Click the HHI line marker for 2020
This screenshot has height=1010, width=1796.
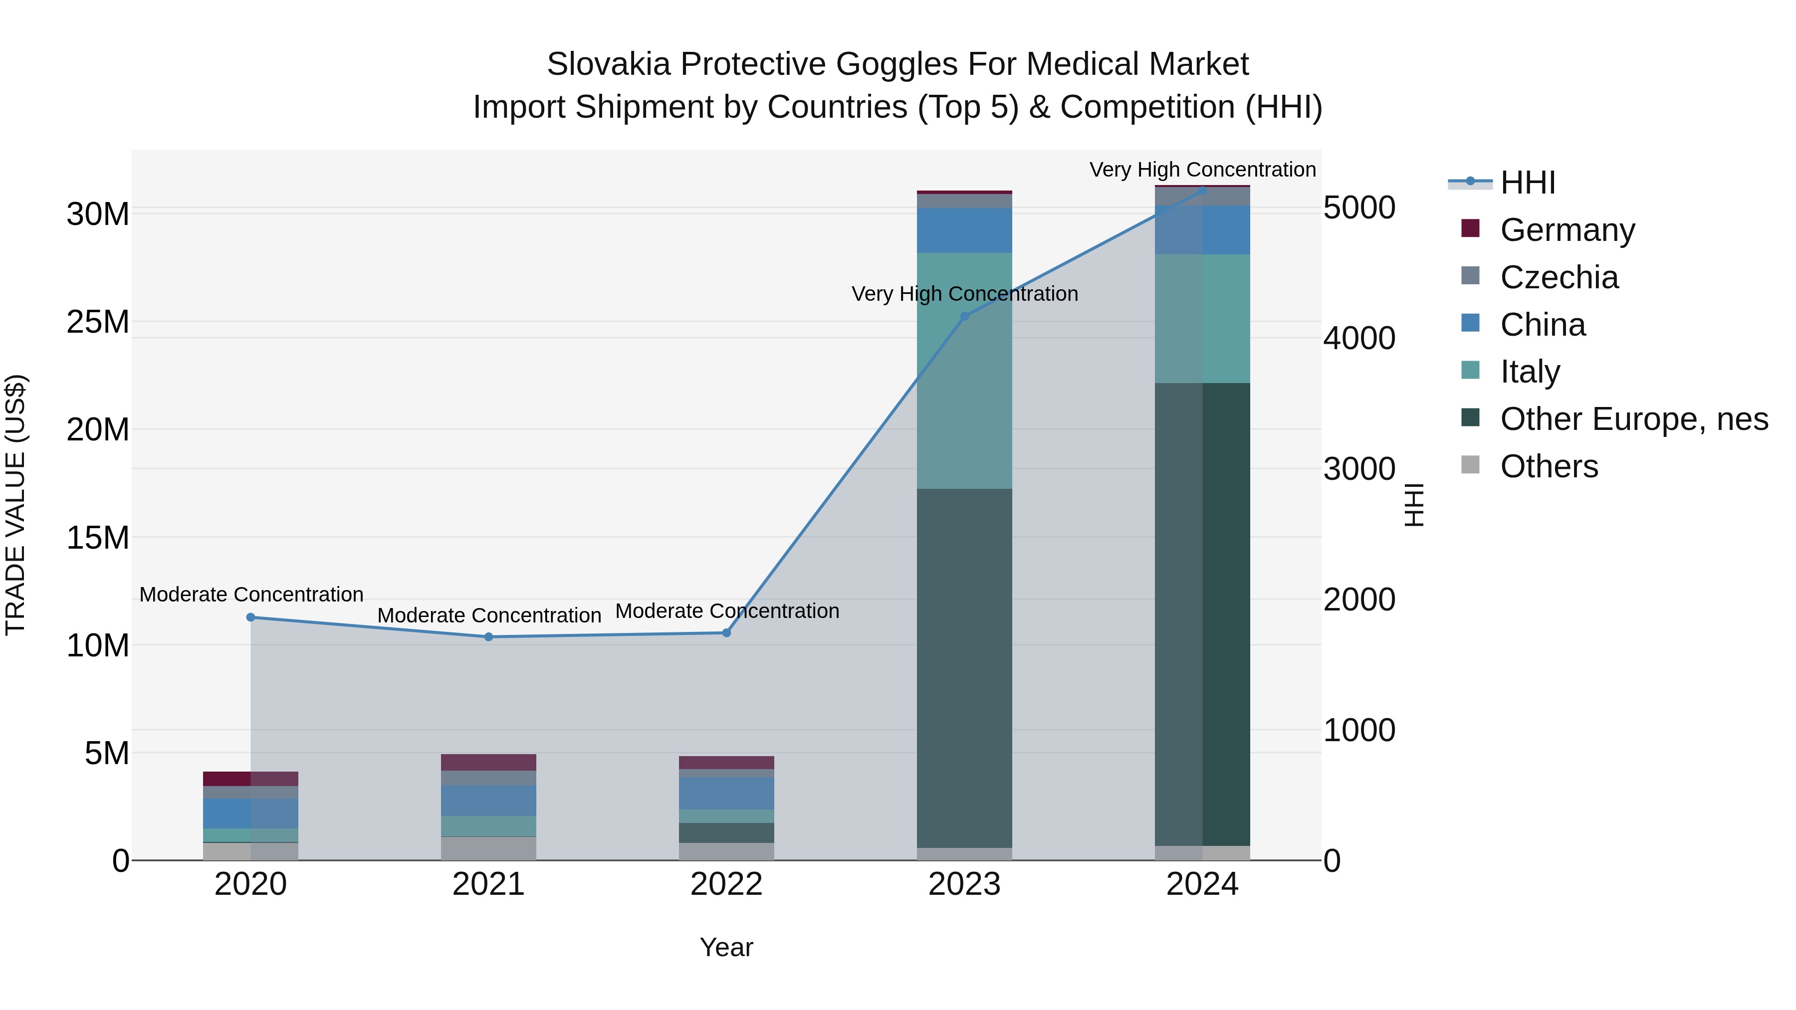(x=250, y=617)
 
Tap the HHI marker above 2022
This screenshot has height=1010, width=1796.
(x=726, y=632)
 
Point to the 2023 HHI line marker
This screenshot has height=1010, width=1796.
(x=964, y=316)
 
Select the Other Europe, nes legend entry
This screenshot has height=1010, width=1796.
(x=1633, y=419)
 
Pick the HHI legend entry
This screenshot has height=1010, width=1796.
(x=1527, y=183)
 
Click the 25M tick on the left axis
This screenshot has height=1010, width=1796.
(x=98, y=322)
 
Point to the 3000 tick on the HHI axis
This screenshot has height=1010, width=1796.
(x=1359, y=469)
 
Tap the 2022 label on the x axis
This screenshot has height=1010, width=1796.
(x=726, y=884)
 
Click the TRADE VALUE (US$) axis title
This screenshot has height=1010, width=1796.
(x=15, y=505)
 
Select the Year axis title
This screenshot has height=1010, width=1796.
(x=726, y=947)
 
